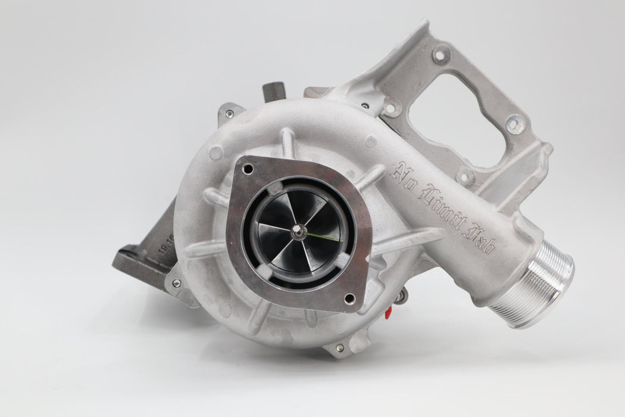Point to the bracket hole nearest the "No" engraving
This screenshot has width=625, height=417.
point(390,109)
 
